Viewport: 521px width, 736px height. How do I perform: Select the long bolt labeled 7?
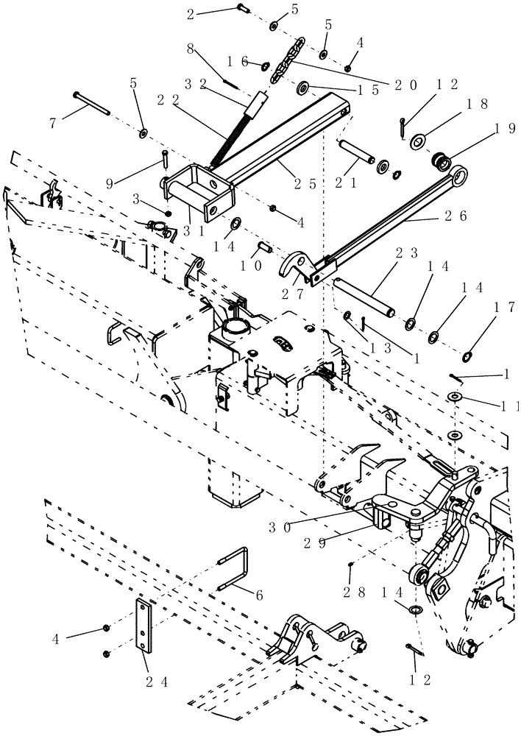pyautogui.click(x=91, y=103)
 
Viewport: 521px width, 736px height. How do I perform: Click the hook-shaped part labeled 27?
pyautogui.click(x=296, y=266)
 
